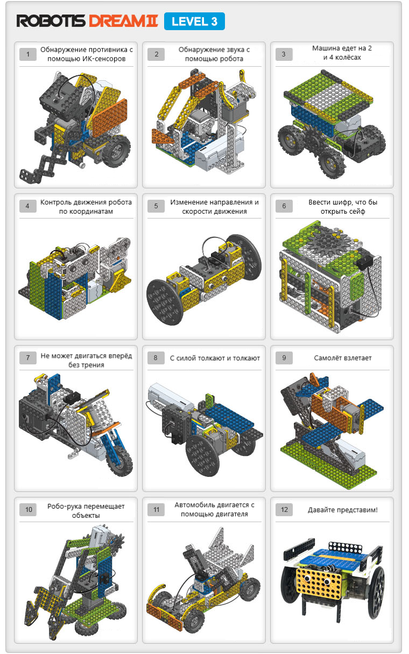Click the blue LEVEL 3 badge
tap(194, 22)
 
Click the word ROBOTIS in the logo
tap(51, 21)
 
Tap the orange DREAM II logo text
tap(123, 21)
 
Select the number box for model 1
tap(28, 54)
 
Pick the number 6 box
tap(284, 206)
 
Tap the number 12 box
tap(284, 510)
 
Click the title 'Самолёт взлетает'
tap(343, 358)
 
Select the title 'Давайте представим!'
tap(343, 510)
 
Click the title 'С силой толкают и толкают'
tap(215, 358)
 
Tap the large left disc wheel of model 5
tap(165, 302)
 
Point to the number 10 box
tap(28, 510)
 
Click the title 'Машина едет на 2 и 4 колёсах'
tap(342, 53)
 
